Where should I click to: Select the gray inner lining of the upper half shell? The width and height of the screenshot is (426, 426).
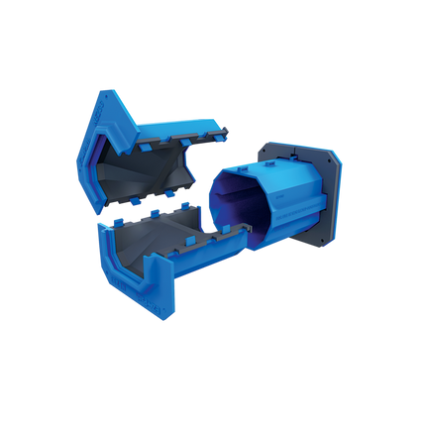point(149,173)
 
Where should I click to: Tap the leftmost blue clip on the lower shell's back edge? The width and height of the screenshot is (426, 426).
point(129,212)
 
